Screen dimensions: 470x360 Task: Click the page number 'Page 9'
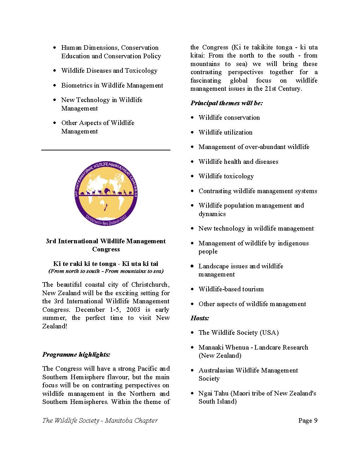coord(308,420)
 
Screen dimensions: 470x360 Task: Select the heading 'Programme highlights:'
coord(76,355)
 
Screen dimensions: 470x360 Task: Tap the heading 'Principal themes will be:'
coord(227,103)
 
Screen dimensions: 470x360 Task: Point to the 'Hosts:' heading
coord(200,318)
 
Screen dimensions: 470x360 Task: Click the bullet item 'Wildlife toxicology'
coord(226,176)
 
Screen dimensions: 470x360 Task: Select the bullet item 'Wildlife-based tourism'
coord(231,289)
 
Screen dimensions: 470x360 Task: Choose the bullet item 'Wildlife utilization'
coord(225,132)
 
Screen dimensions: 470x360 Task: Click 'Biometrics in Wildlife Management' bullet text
coord(112,85)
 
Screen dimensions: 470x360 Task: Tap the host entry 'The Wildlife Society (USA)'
coord(238,333)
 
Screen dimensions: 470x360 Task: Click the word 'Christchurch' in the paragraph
coord(150,285)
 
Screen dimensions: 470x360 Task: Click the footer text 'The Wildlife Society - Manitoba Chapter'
coord(100,420)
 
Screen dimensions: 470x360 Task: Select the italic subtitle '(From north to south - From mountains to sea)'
coord(106,271)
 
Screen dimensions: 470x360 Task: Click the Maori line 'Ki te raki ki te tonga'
coord(85,264)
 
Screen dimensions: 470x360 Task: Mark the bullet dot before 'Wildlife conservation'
coord(192,118)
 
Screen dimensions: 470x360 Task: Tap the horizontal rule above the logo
coord(106,150)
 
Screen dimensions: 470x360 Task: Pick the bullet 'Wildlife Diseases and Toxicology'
coord(109,71)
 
